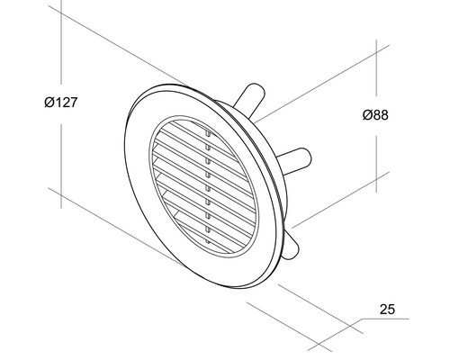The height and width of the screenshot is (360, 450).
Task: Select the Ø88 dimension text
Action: [x=382, y=114]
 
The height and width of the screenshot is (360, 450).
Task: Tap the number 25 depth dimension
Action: [x=388, y=310]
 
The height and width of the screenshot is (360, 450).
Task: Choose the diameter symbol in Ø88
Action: [x=370, y=114]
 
